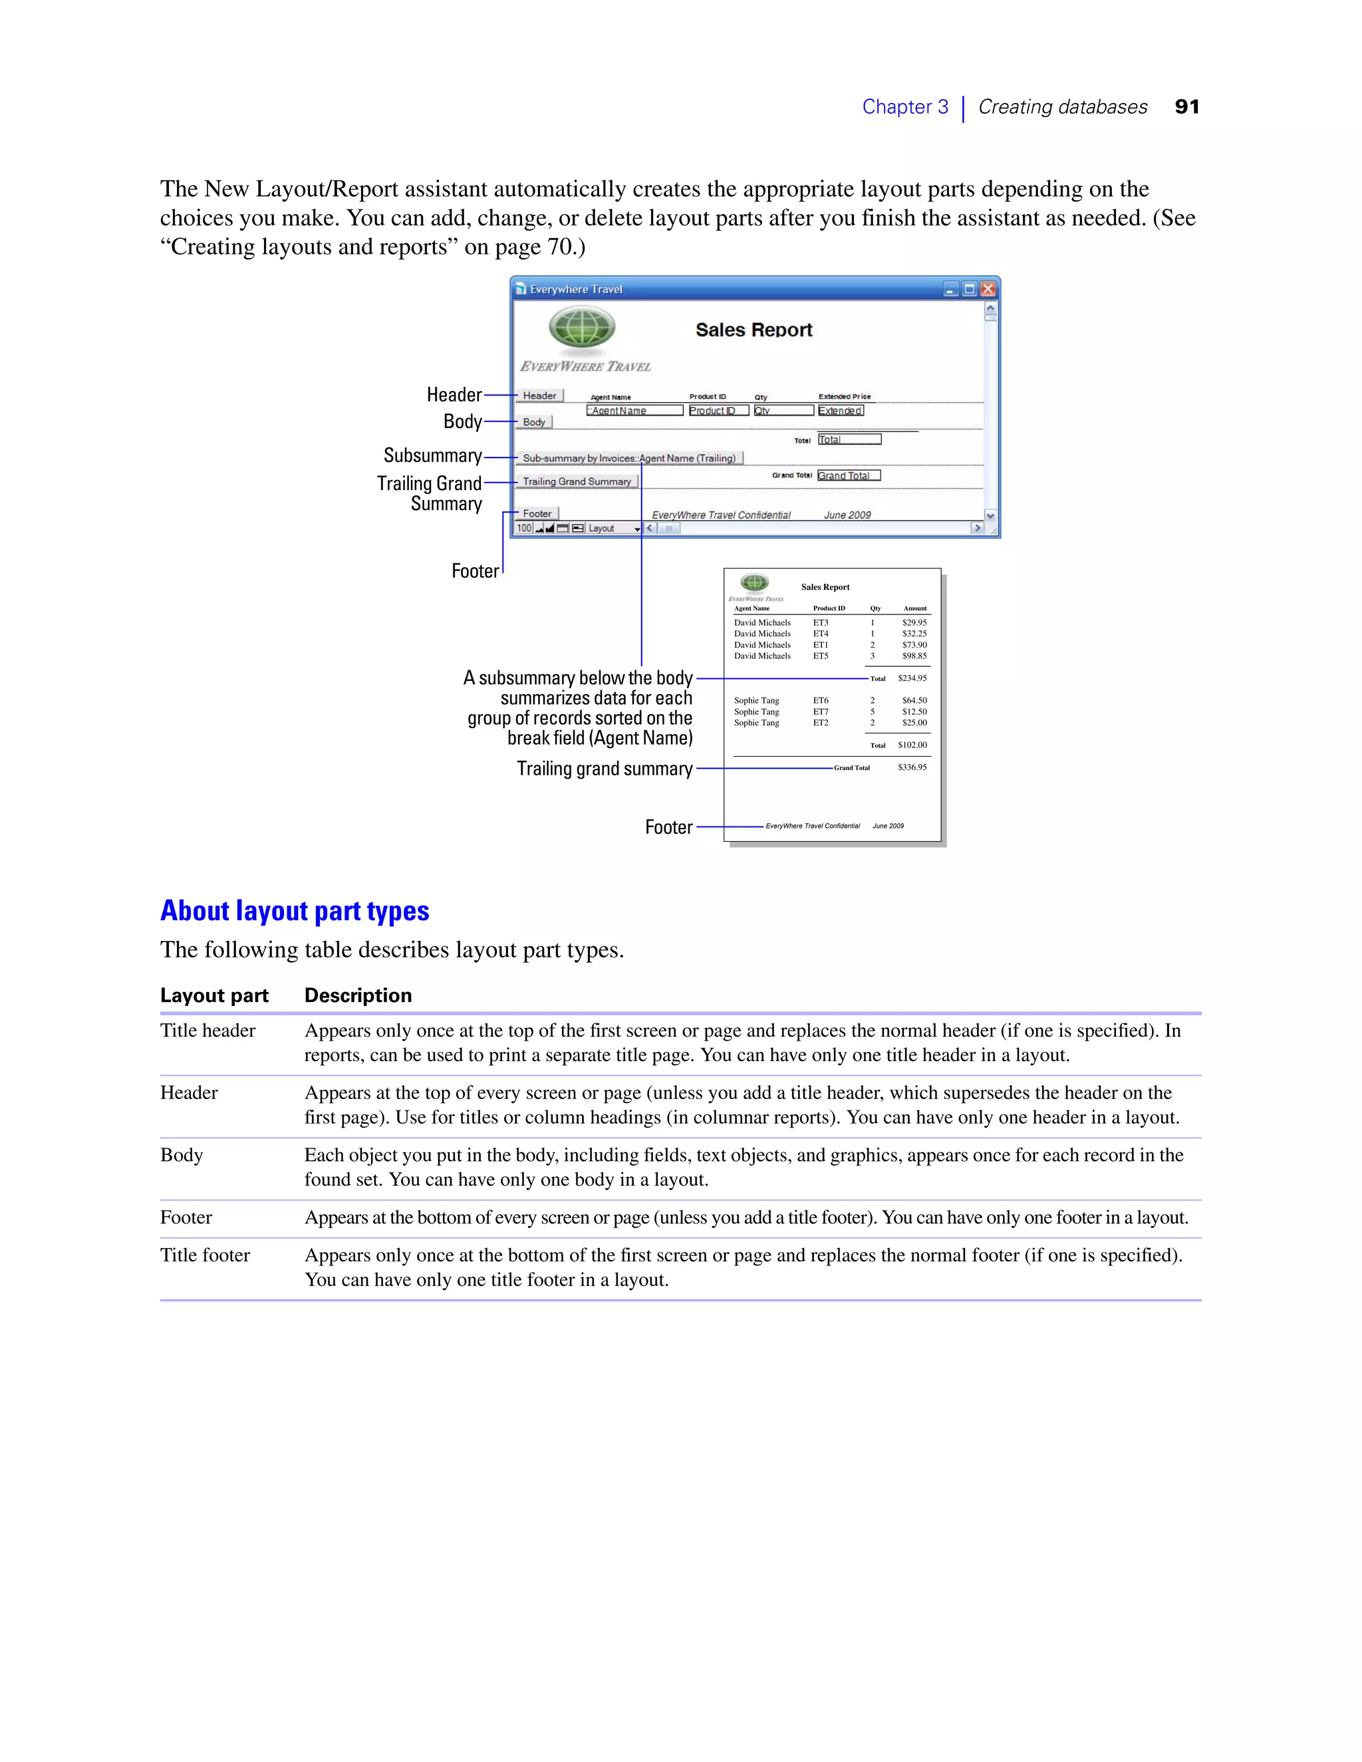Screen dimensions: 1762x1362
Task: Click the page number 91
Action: pyautogui.click(x=1186, y=106)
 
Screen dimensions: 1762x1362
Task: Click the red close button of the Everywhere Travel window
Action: pyautogui.click(x=988, y=289)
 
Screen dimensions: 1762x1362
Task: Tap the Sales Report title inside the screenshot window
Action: pyautogui.click(x=753, y=330)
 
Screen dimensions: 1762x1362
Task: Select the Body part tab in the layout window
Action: pyautogui.click(x=534, y=422)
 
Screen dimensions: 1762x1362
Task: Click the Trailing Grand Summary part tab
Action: pyautogui.click(x=577, y=481)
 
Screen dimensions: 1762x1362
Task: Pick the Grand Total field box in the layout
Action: pyautogui.click(x=848, y=475)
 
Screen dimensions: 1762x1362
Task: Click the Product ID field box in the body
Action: pyautogui.click(x=718, y=411)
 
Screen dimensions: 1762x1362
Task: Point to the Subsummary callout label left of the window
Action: pyautogui.click(x=432, y=456)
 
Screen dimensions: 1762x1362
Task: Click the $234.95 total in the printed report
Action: pyautogui.click(x=912, y=678)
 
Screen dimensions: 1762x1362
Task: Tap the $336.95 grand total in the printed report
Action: pyautogui.click(x=912, y=767)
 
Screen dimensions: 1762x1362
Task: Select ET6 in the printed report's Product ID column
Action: pyautogui.click(x=821, y=700)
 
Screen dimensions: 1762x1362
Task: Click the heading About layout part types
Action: pyautogui.click(x=295, y=911)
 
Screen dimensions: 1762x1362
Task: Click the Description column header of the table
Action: pyautogui.click(x=357, y=995)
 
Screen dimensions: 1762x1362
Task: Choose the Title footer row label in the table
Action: pyautogui.click(x=205, y=1255)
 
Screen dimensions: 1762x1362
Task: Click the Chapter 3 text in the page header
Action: pyautogui.click(x=904, y=106)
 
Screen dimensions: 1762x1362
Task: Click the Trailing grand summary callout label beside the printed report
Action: pyautogui.click(x=605, y=769)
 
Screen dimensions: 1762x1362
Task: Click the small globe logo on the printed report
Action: pyautogui.click(x=754, y=582)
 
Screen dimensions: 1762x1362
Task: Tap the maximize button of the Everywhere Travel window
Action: pyautogui.click(x=969, y=289)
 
